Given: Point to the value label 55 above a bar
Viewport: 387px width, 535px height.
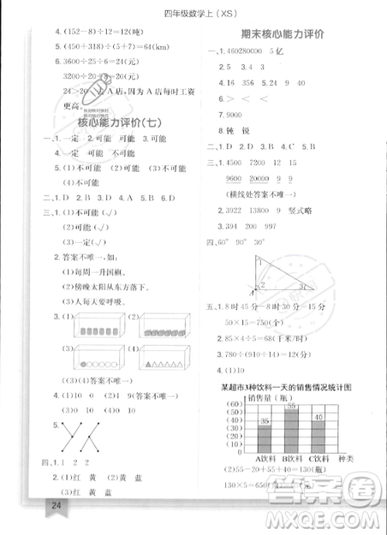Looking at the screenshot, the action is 292,405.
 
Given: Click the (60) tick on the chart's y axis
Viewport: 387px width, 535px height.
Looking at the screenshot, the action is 232,404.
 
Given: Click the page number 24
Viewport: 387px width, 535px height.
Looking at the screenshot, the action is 55,505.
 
